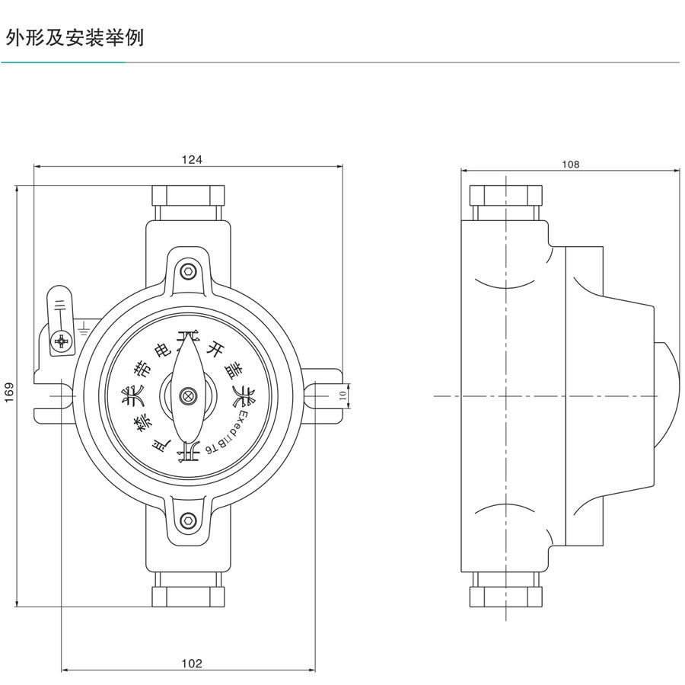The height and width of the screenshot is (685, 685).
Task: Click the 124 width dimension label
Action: pyautogui.click(x=190, y=159)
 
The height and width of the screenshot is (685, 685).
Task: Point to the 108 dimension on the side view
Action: pyautogui.click(x=570, y=164)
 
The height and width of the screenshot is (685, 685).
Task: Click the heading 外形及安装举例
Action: pyautogui.click(x=75, y=37)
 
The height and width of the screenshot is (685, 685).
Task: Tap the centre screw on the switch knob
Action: pyautogui.click(x=187, y=395)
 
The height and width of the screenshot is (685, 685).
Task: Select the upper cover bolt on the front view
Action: pyautogui.click(x=187, y=270)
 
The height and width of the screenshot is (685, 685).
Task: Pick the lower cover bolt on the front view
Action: pyautogui.click(x=187, y=521)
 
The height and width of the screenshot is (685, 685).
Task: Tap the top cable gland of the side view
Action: pyautogui.click(x=505, y=197)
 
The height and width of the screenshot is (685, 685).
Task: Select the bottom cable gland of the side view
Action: pyautogui.click(x=505, y=593)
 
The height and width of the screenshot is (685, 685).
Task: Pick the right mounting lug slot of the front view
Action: pyautogui.click(x=320, y=395)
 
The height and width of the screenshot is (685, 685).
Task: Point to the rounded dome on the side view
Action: pyautogui.click(x=666, y=395)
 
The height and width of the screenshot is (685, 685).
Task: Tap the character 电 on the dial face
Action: pyautogui.click(x=163, y=351)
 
